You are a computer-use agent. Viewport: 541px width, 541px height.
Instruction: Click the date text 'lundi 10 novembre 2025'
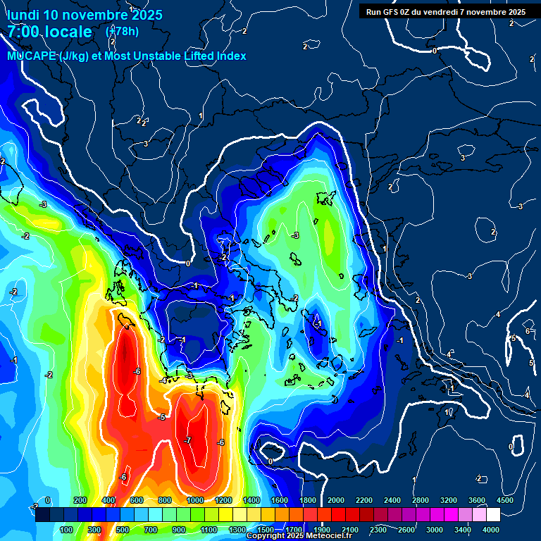(85, 15)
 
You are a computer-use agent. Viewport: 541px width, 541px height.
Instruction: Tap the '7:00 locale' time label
(49, 32)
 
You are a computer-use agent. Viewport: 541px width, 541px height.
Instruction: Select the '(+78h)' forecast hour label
(122, 31)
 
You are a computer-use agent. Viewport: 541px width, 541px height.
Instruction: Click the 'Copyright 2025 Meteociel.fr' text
(299, 536)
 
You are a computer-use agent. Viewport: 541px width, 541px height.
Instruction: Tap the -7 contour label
(187, 440)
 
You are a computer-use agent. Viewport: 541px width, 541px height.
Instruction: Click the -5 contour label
(162, 417)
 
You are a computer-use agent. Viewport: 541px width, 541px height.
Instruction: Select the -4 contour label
(163, 380)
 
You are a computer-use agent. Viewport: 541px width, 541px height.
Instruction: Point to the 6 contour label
(528, 331)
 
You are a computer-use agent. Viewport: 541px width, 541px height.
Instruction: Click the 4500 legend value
(504, 500)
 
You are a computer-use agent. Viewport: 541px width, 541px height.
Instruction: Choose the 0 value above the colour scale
(48, 500)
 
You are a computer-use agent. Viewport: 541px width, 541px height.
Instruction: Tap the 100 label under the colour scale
(66, 530)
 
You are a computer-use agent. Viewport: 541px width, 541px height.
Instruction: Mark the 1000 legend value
(195, 500)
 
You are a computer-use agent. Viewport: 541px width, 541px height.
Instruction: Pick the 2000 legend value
(335, 500)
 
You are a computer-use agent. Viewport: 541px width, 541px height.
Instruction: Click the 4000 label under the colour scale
(490, 530)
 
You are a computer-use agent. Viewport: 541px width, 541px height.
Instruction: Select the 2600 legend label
(406, 530)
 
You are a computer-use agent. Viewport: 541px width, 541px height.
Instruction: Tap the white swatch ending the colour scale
(492, 515)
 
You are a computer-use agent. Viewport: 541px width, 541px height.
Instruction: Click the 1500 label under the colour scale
(265, 530)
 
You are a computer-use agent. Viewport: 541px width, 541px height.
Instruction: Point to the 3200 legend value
(448, 500)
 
